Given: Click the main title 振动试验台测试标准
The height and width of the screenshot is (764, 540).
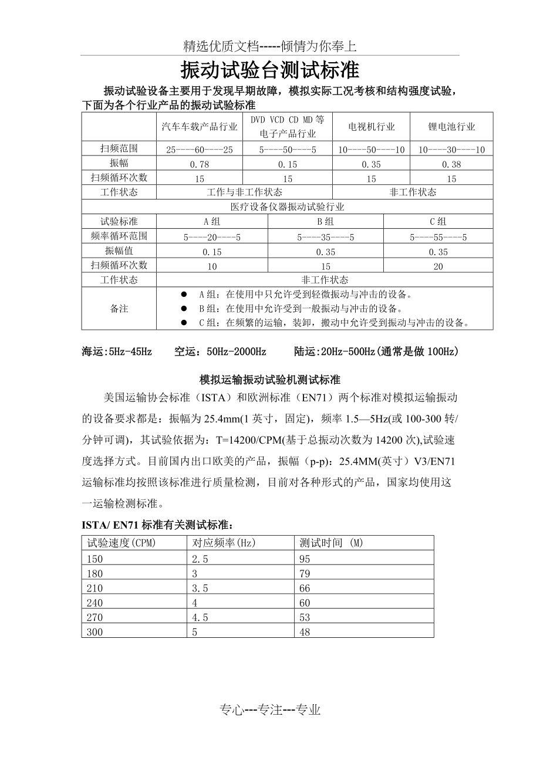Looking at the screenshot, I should pyautogui.click(x=269, y=71).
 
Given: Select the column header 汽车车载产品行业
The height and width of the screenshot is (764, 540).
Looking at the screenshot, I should pyautogui.click(x=200, y=127).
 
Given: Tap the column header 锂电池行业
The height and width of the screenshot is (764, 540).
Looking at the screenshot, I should pyautogui.click(x=451, y=127).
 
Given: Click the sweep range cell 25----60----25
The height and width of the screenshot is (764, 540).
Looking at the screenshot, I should pyautogui.click(x=200, y=150).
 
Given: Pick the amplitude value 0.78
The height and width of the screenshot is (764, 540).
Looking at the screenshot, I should pyautogui.click(x=200, y=164).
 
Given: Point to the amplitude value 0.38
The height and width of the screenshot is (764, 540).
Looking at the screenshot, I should pyautogui.click(x=451, y=164).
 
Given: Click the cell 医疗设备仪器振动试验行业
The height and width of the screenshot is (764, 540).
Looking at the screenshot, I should pyautogui.click(x=287, y=207).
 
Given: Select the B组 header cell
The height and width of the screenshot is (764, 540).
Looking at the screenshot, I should pyautogui.click(x=325, y=222).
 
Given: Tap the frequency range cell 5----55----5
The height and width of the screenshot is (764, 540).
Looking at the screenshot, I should pyautogui.click(x=438, y=237).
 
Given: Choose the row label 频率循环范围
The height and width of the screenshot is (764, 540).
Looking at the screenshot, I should pyautogui.click(x=119, y=236).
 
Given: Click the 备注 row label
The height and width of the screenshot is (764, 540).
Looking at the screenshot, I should pyautogui.click(x=119, y=309).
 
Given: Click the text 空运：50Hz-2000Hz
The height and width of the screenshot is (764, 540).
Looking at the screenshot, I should pyautogui.click(x=220, y=352).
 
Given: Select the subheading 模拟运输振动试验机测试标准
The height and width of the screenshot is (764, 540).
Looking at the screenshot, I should pyautogui.click(x=270, y=380).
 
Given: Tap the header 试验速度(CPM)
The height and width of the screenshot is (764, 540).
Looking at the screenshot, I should pyautogui.click(x=122, y=543).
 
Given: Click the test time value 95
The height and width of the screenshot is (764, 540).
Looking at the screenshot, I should pyautogui.click(x=305, y=559).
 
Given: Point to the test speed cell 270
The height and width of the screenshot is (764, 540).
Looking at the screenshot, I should pyautogui.click(x=95, y=617).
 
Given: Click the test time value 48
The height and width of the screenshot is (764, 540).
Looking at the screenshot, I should pyautogui.click(x=305, y=633).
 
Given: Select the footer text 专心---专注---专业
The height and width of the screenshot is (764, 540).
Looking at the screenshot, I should pyautogui.click(x=270, y=710).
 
